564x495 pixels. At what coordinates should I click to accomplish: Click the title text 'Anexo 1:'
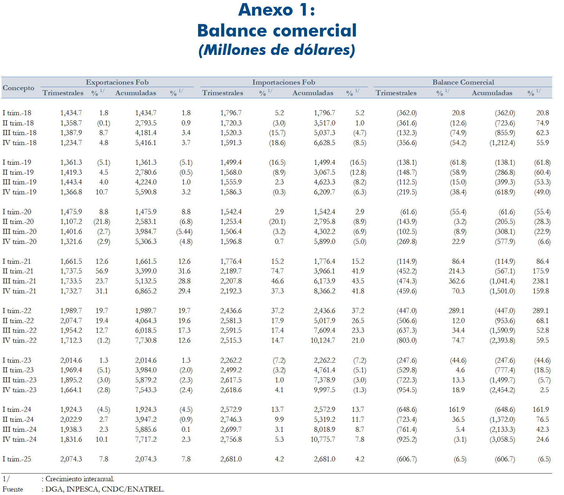click(x=277, y=10)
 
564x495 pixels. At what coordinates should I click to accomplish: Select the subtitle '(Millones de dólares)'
click(x=277, y=50)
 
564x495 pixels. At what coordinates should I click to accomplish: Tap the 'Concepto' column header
click(x=18, y=88)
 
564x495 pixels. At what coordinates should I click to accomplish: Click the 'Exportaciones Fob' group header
click(x=117, y=82)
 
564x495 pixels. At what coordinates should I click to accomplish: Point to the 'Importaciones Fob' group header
click(x=284, y=82)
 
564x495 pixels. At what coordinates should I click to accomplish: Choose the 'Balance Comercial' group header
click(x=463, y=82)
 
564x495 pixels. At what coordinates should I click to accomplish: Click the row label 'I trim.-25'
click(x=17, y=459)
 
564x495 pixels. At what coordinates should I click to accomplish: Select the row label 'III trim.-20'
click(x=19, y=232)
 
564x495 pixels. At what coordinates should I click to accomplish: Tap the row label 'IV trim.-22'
click(x=19, y=340)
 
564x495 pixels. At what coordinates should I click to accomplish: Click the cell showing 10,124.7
click(x=323, y=340)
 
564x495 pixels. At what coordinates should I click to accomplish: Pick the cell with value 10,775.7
click(x=323, y=439)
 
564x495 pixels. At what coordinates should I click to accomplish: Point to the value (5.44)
click(x=184, y=232)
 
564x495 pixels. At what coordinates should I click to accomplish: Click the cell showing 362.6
click(x=457, y=281)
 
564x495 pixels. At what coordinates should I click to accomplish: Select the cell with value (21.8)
click(x=102, y=222)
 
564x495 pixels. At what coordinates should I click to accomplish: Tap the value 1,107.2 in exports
click(x=71, y=222)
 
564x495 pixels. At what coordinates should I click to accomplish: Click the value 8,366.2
click(x=324, y=291)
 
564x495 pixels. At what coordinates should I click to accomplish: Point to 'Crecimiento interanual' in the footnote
click(x=80, y=479)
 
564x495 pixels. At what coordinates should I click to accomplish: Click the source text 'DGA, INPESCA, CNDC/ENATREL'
click(x=105, y=489)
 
